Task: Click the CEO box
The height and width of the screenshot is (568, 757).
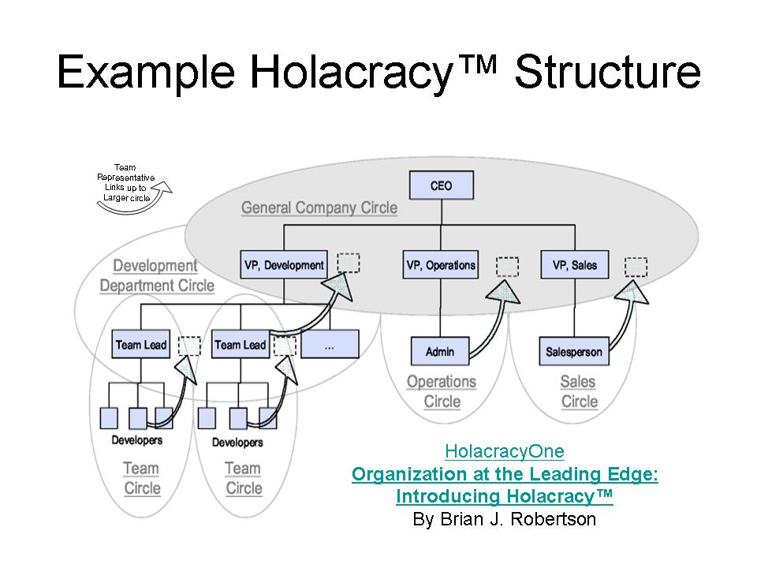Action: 441,187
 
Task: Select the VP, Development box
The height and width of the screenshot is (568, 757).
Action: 284,265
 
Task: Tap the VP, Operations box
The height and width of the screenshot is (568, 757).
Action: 441,265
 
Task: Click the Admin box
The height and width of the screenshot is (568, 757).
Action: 440,351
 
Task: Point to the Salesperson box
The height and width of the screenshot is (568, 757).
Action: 574,351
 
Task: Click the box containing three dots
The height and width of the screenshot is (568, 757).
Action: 330,345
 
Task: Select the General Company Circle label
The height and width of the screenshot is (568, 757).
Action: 319,208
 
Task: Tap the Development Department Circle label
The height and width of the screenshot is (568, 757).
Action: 156,276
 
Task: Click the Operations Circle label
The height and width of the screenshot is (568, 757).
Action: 442,392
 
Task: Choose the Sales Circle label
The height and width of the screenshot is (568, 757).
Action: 579,392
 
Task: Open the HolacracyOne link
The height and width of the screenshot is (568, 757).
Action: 505,451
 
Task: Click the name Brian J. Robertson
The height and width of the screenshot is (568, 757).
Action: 505,519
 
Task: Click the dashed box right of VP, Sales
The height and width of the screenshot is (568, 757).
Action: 636,267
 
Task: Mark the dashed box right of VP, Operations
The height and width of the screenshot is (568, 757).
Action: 508,267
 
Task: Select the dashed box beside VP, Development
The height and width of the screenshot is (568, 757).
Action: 349,263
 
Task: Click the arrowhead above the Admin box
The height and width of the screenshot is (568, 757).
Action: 505,293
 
